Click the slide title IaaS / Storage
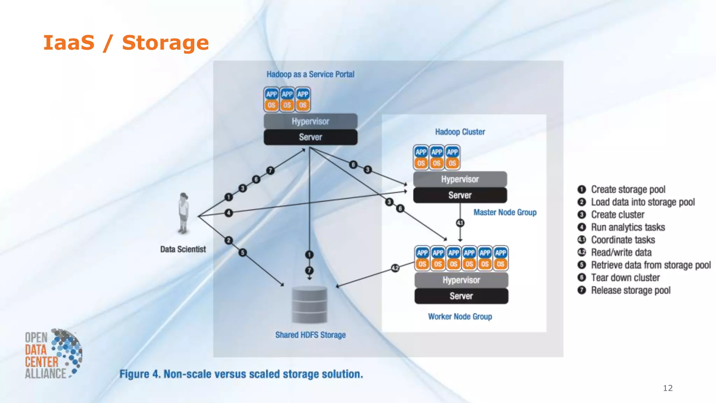coord(126,43)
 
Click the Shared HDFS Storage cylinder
coord(309,304)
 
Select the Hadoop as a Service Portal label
coord(310,74)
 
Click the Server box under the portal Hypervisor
coord(310,137)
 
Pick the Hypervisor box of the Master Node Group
coord(460,179)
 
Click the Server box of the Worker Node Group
coord(461,296)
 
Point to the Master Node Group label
coord(505,212)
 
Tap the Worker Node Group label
coord(460,316)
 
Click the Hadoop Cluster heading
coord(460,132)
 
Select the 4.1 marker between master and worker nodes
coord(460,223)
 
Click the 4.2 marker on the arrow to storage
coord(395,268)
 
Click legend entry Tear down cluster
coord(625,277)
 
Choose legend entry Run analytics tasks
coord(628,227)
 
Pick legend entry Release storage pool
coord(630,290)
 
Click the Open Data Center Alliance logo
coord(53,354)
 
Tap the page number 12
coord(667,388)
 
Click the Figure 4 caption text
coord(241,374)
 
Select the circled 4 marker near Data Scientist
coord(229,213)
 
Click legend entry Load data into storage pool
coord(643,202)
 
